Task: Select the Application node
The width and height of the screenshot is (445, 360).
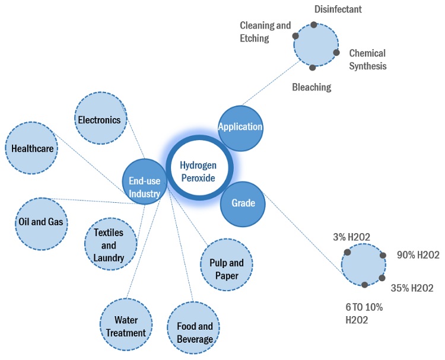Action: tap(240, 127)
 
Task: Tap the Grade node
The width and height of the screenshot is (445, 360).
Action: tap(243, 203)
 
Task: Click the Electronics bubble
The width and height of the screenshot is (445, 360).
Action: tap(100, 120)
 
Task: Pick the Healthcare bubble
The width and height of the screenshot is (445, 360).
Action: tap(33, 148)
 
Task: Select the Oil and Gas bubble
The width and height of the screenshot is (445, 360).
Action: tap(42, 224)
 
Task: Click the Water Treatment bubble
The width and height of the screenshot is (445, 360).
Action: tap(126, 326)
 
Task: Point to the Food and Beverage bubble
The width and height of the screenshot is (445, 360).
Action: tap(195, 333)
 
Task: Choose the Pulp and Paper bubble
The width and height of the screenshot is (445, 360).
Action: tap(227, 269)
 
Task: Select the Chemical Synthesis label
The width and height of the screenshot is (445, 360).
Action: tap(367, 59)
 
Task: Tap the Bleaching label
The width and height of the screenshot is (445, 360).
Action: tap(311, 87)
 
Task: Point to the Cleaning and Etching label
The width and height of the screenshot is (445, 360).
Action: tap(265, 32)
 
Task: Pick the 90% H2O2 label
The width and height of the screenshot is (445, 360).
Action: tap(418, 255)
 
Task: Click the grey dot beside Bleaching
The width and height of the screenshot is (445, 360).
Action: tap(313, 68)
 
